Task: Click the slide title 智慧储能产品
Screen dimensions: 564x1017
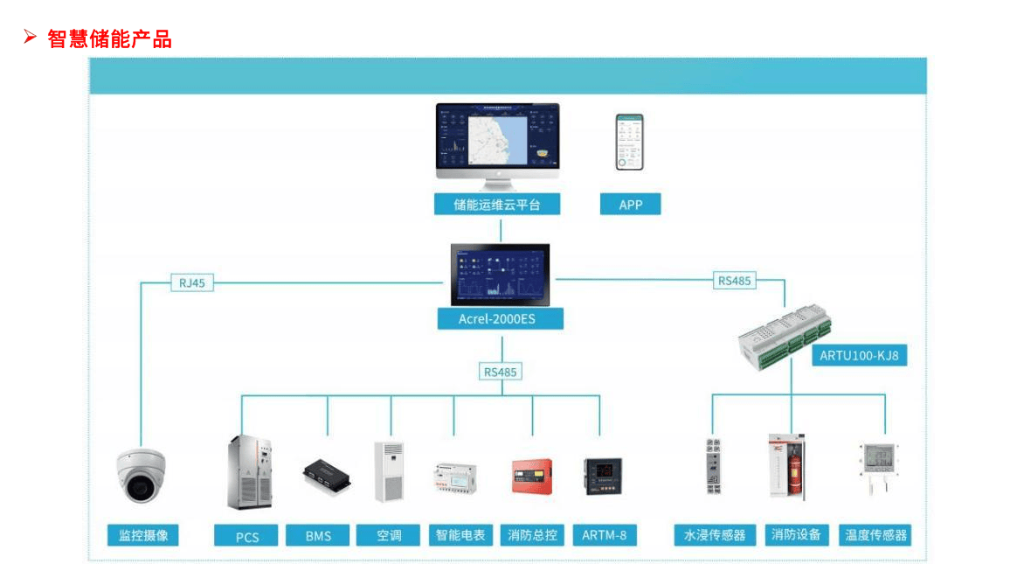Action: (x=109, y=38)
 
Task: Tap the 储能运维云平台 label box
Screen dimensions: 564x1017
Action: (x=496, y=205)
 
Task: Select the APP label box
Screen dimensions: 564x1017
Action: (x=630, y=205)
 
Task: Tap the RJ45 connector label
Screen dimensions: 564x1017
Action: (x=191, y=282)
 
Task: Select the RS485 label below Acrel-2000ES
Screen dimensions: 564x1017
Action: (x=500, y=372)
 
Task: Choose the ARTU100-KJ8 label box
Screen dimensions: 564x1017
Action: (x=859, y=356)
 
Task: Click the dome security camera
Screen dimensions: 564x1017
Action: (x=141, y=475)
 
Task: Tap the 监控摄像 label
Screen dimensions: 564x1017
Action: (x=143, y=535)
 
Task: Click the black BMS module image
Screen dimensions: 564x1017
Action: (x=329, y=474)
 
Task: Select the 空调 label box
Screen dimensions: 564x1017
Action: (x=389, y=535)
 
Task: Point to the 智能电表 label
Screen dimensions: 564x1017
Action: (x=460, y=535)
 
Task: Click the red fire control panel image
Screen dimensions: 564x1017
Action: (x=531, y=476)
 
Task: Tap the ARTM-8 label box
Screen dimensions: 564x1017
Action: (x=604, y=535)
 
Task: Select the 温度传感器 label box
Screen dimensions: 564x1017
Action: (x=875, y=535)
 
